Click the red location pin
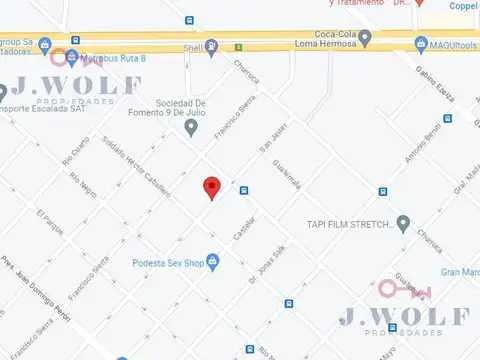pyautogui.click(x=211, y=187)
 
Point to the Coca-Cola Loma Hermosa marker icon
pyautogui.click(x=365, y=39)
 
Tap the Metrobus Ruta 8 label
pyautogui.click(x=113, y=59)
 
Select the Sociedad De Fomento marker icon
pyautogui.click(x=220, y=119)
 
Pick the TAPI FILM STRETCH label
pyautogui.click(x=348, y=224)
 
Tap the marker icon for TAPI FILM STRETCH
pyautogui.click(x=403, y=223)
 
